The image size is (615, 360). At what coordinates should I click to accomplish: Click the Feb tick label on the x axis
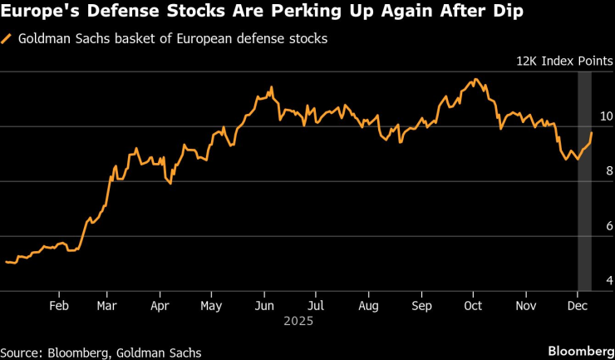(59, 304)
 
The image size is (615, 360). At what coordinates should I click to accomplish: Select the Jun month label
(263, 304)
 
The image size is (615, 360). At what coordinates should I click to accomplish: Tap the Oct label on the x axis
(473, 304)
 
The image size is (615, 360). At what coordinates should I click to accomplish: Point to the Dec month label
(575, 304)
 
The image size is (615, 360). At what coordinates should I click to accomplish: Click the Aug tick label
(369, 304)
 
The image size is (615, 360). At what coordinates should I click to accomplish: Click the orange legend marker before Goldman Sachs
(7, 38)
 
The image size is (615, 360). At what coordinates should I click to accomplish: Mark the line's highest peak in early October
(475, 80)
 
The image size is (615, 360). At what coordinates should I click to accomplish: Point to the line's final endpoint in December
(591, 133)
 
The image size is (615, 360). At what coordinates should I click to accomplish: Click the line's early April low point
(170, 183)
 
